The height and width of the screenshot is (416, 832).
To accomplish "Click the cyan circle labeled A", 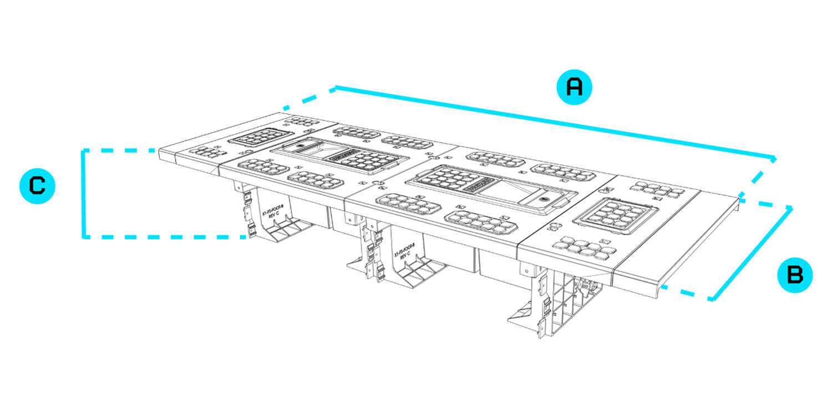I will [x=575, y=87].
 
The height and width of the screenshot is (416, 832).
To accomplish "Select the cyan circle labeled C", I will [x=37, y=186].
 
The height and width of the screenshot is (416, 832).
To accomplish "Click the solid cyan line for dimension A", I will [x=555, y=121].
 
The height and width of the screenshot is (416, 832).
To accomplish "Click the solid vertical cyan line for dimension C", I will [x=83, y=194].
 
